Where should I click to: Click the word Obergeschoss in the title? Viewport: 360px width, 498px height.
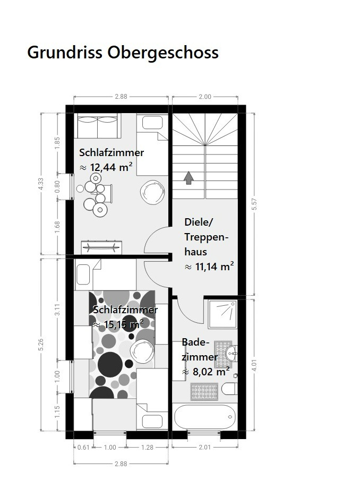pos(162,53)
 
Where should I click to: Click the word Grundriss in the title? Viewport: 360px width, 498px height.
pos(65,52)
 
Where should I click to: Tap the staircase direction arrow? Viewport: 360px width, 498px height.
pos(188,178)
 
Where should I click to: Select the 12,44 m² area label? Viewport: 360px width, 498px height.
pos(106,167)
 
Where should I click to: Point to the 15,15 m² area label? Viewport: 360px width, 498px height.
pos(118,324)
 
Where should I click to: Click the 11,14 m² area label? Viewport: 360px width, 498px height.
pos(209,267)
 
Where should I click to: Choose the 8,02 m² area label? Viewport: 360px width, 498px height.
pos(206,371)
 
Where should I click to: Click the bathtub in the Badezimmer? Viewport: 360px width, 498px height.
pos(205,417)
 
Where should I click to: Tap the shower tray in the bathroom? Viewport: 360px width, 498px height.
pos(222,314)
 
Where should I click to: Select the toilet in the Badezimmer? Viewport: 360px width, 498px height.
pos(229,389)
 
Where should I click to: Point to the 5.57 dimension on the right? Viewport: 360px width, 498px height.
pos(254,204)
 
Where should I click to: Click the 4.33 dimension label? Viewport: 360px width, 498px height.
pos(41,184)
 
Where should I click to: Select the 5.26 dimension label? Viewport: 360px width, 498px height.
pos(41,345)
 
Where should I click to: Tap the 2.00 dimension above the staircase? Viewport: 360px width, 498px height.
pos(205,97)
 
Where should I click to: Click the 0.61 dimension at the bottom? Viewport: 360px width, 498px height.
pos(83,447)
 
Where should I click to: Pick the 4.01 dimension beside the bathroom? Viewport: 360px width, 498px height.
pos(254,365)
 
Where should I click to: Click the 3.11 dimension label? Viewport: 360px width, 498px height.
pos(57,310)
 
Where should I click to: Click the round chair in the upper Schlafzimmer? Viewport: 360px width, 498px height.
pos(152,192)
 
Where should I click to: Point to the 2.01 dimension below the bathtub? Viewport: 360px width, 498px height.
pos(204,447)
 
